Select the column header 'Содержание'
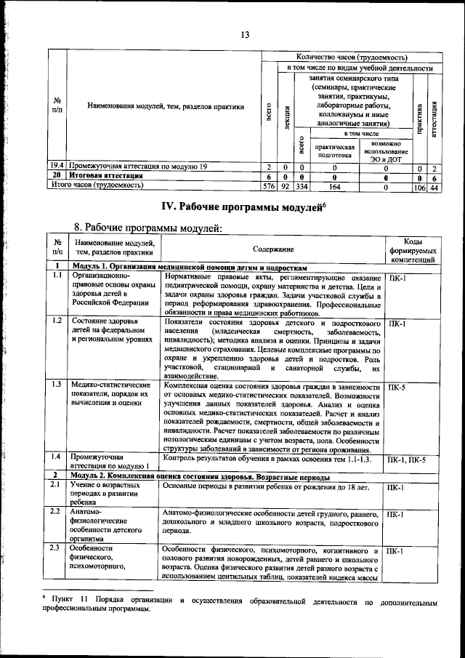coord(273,249)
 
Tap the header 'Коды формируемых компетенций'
coord(412,249)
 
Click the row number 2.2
coord(56,512)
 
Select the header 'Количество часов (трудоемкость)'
coord(351,57)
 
